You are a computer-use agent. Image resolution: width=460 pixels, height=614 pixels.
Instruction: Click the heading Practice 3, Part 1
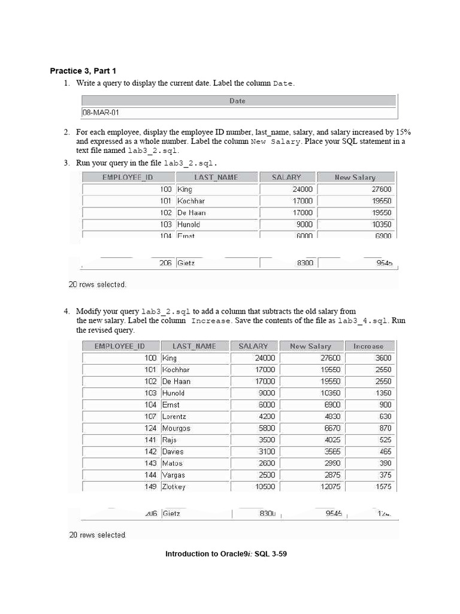pos(83,71)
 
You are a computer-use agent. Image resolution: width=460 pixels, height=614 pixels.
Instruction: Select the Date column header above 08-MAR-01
pos(237,101)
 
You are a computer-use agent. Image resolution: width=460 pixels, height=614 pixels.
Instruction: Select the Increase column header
pos(368,346)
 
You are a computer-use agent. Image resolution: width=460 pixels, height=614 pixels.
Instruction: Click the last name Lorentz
pos(174,416)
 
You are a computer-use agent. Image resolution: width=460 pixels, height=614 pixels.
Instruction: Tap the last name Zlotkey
pos(174,487)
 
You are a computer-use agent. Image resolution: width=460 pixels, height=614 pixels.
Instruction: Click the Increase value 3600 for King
pos(383,358)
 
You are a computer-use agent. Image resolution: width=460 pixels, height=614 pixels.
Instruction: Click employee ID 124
pos(150,428)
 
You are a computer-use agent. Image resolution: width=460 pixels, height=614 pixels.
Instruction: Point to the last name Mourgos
pos(176,428)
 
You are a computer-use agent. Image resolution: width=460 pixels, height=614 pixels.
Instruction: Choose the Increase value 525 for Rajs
pos(385,440)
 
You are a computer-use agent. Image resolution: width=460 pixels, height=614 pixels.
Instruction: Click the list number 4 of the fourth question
pos(66,311)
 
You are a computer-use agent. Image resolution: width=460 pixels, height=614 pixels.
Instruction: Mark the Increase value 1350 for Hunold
pos(383,393)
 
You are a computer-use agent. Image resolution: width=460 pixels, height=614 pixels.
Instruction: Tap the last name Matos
pos(172,463)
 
